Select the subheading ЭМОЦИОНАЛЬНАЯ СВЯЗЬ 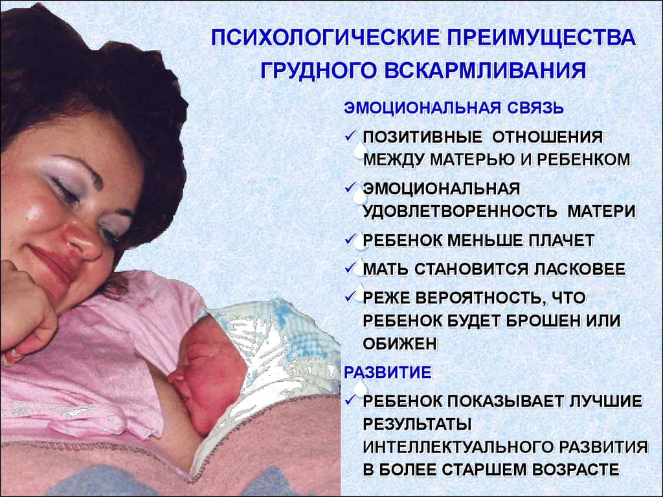click(454, 108)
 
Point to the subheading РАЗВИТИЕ click(388, 372)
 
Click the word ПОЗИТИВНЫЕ click(422, 137)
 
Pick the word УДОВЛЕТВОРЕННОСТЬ click(460, 211)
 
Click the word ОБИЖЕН click(399, 344)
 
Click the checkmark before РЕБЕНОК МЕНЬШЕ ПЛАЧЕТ click(350, 239)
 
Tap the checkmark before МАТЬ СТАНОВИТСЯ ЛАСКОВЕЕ click(350, 268)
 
